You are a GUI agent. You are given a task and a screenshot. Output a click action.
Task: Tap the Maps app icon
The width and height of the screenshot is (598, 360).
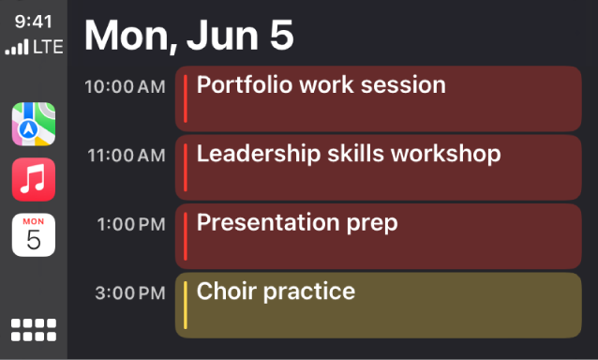[34, 124]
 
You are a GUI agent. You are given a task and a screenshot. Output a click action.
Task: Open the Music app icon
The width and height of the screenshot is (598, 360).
[34, 179]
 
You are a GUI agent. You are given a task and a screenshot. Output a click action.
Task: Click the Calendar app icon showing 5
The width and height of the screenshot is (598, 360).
[34, 234]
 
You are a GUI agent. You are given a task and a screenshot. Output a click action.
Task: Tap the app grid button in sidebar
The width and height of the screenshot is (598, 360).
[34, 329]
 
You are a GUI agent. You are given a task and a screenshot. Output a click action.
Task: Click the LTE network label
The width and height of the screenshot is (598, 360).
[49, 47]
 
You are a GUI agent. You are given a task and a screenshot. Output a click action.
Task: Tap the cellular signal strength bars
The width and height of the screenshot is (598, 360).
[17, 47]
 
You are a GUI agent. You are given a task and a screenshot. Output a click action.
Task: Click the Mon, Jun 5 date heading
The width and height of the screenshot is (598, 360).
[189, 36]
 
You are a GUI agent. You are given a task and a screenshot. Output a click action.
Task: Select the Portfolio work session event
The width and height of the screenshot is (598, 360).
[379, 97]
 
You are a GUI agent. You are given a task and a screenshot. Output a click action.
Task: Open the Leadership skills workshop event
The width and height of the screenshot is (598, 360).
[379, 167]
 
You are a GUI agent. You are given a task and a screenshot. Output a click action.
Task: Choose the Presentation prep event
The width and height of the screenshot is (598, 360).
[379, 235]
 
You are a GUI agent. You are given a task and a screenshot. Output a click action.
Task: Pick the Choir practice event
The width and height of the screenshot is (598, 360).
[379, 305]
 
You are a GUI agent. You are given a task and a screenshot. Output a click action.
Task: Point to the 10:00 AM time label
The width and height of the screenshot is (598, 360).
[125, 86]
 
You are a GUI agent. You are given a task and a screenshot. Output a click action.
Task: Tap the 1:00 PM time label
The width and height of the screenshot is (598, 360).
[132, 224]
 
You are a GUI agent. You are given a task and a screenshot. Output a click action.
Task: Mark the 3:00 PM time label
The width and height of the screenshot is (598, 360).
[131, 293]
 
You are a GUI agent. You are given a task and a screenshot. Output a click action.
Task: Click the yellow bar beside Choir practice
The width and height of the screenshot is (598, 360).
[186, 305]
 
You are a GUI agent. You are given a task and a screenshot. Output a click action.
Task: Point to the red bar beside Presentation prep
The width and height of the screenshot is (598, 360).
[186, 235]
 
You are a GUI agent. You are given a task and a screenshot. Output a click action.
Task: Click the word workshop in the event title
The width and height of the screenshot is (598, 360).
[445, 154]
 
